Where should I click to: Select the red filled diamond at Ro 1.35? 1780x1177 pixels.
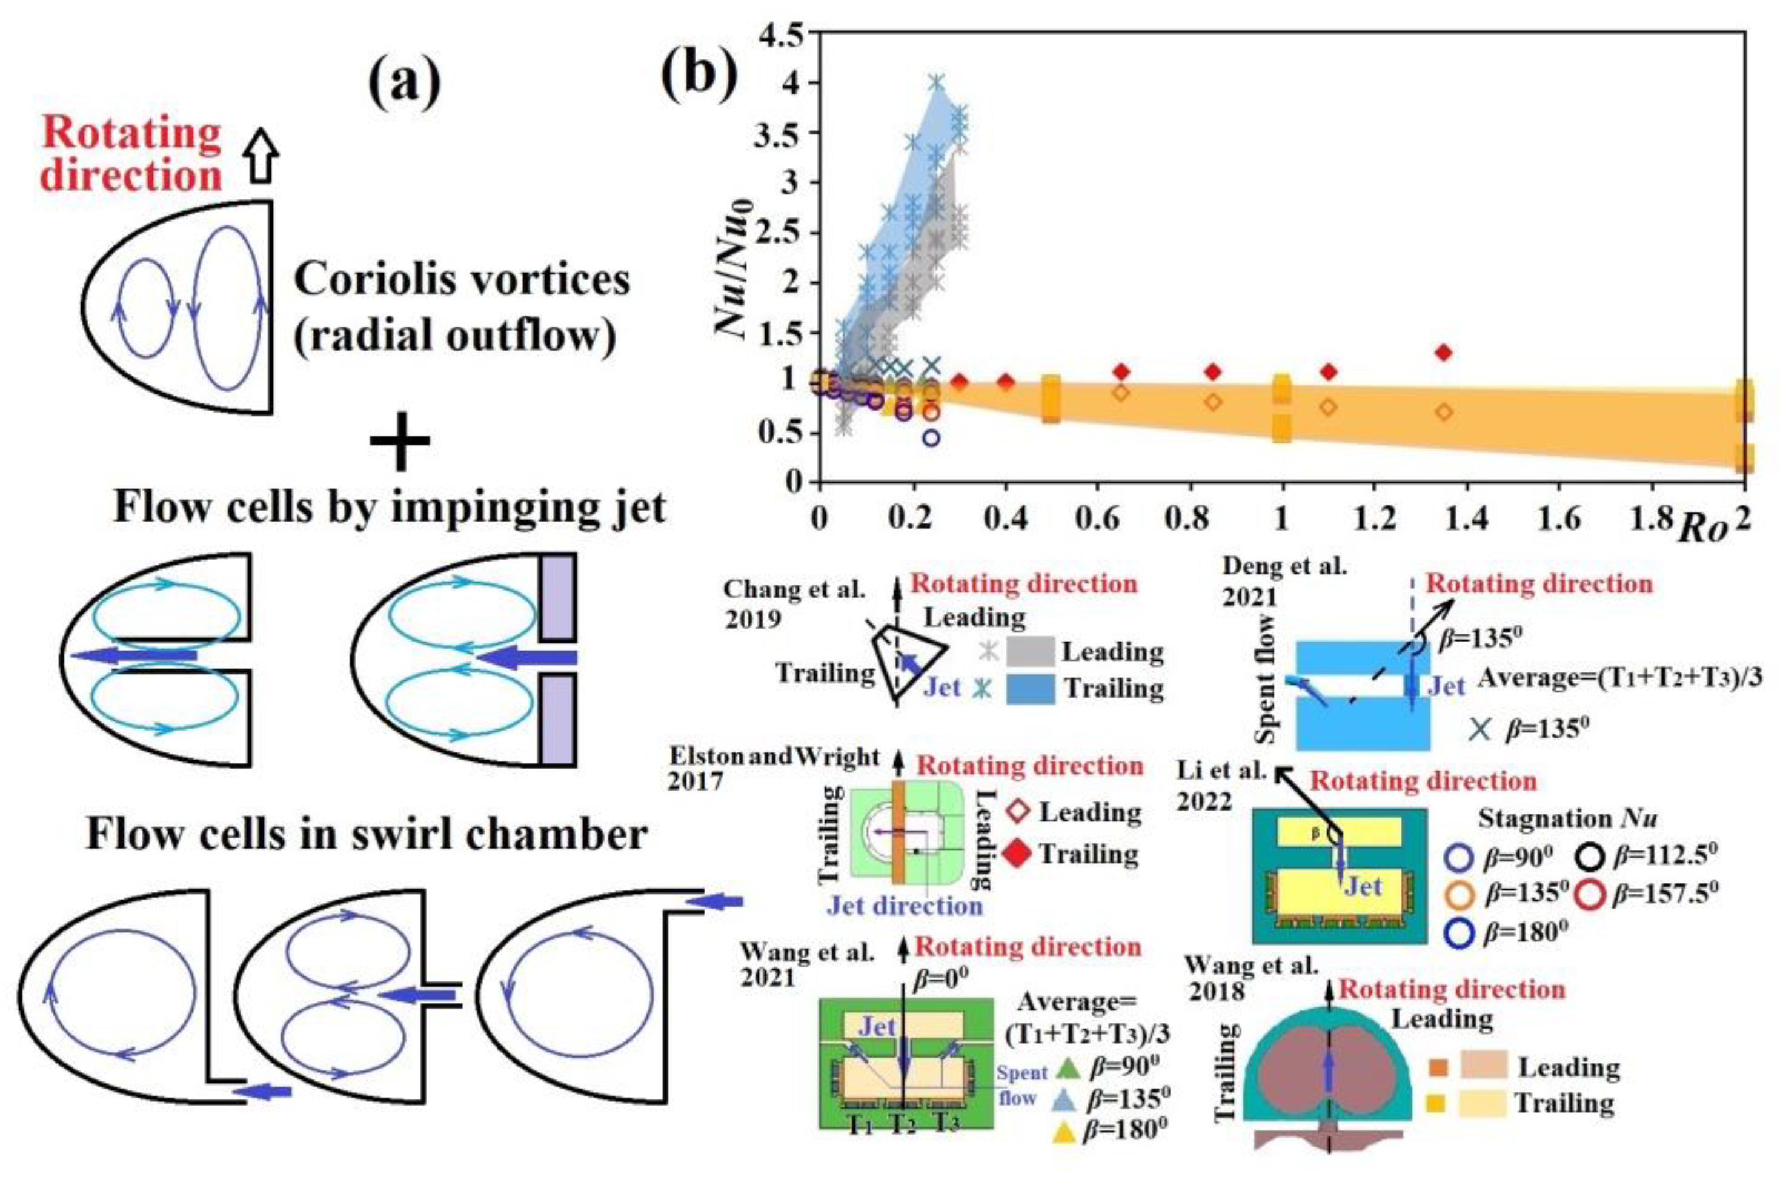(x=1444, y=352)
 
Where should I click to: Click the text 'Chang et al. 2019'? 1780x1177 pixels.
(x=794, y=603)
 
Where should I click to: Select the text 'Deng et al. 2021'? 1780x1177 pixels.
(x=1284, y=580)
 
